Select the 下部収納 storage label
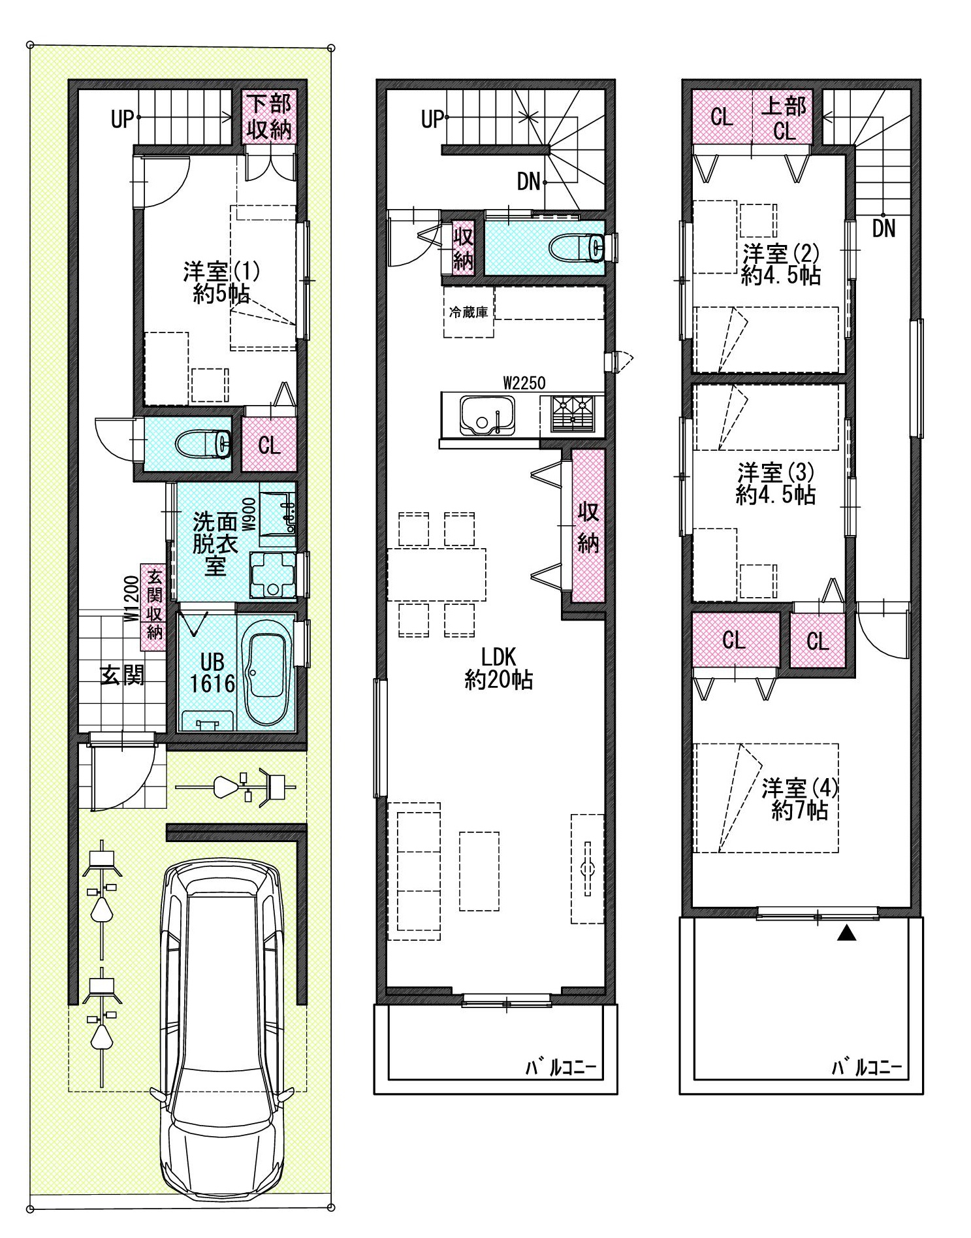coord(269,118)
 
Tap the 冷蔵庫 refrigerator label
coord(468,312)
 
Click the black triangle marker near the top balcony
coord(846,935)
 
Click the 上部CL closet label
coord(784,118)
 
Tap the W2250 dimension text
coord(524,383)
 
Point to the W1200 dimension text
coord(131,598)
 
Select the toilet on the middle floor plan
coord(578,248)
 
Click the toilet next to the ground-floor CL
coord(204,445)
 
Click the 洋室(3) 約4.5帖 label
coord(776,483)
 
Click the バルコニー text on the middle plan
coord(562,1068)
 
